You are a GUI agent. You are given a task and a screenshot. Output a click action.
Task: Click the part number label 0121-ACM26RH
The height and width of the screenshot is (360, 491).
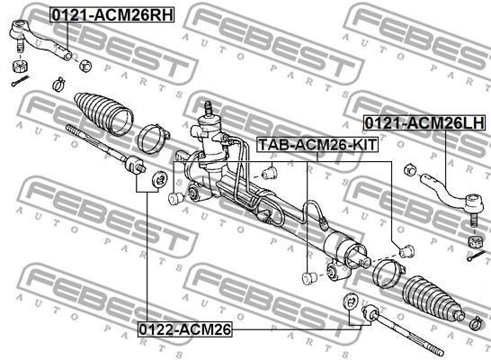[112, 15]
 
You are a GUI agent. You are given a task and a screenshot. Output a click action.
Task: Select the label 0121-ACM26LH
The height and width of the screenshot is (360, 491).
[424, 122]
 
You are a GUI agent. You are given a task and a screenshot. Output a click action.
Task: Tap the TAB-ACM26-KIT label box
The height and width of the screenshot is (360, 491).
[317, 145]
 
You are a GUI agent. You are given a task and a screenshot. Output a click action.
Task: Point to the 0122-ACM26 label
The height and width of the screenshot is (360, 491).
[184, 329]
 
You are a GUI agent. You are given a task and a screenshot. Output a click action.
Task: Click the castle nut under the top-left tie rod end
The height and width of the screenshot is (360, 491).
[21, 67]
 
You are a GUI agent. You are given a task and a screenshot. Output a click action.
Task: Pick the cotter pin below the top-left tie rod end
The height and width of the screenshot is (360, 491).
[20, 80]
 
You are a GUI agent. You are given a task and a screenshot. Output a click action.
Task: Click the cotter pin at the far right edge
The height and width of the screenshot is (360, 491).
[477, 256]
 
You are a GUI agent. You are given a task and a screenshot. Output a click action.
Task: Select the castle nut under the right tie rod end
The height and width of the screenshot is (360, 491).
[475, 241]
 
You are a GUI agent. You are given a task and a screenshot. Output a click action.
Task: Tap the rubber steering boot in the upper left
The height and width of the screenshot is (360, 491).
[103, 114]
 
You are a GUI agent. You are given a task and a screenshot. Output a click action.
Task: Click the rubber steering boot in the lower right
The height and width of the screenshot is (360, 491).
[433, 299]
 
